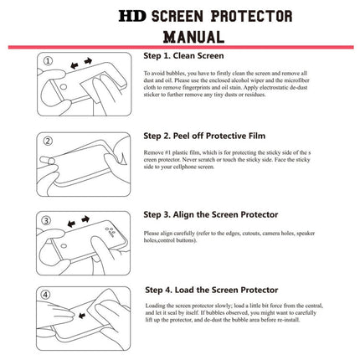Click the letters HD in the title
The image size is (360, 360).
131,15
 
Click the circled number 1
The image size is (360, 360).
48,61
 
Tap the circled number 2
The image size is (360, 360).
48,140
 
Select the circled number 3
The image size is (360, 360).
48,219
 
